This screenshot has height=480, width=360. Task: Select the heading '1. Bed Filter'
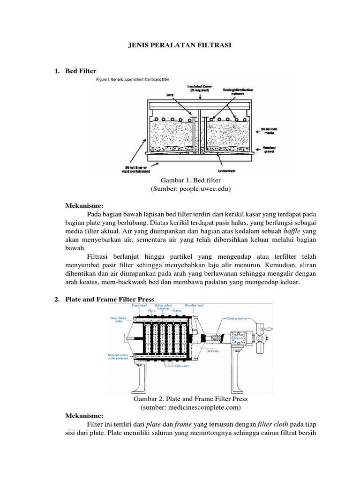(x=75, y=71)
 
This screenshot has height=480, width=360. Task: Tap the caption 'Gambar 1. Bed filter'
(x=190, y=180)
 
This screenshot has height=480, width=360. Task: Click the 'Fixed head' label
(x=139, y=305)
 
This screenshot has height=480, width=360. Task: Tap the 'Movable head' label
(x=193, y=305)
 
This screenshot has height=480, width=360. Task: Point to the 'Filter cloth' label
(x=181, y=366)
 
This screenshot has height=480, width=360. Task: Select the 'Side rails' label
(x=212, y=351)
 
